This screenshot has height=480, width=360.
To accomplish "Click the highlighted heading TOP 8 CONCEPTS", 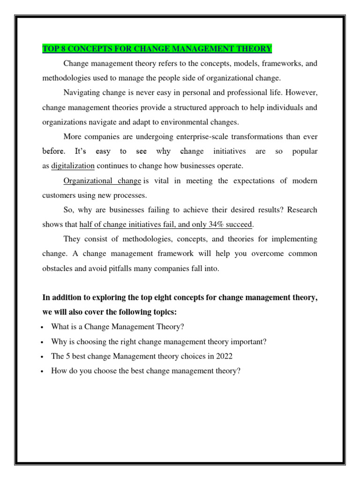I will click(x=157, y=48).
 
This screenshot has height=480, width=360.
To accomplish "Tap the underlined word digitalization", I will click(x=73, y=165).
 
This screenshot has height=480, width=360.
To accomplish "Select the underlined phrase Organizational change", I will click(x=102, y=180).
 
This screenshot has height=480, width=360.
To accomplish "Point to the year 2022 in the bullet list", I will click(x=223, y=356).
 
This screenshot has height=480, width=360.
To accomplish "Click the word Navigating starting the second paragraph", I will click(x=80, y=92).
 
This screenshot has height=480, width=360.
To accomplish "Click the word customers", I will click(x=58, y=195).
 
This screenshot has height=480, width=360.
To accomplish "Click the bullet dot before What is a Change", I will click(x=43, y=327).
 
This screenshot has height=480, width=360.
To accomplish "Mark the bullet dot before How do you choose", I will click(x=43, y=371).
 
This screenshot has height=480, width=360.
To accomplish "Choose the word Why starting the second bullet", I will click(x=59, y=341).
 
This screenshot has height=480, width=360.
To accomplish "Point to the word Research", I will click(x=302, y=210).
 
